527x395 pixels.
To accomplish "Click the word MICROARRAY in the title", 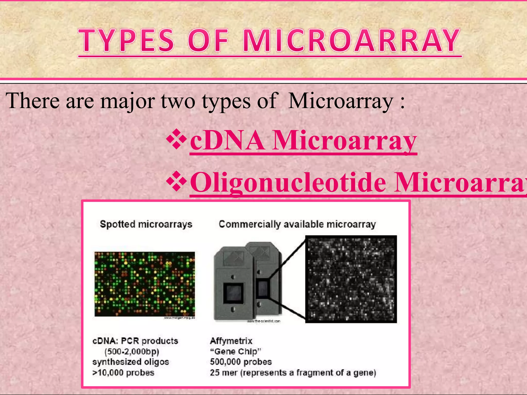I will point(352,41).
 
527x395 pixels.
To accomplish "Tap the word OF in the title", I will point(208,41).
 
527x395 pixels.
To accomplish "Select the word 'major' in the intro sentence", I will point(128,101).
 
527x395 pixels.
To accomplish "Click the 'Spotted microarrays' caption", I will point(146,224).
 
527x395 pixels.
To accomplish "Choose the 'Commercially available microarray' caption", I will point(297,224).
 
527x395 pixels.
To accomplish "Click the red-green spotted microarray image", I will point(145,284).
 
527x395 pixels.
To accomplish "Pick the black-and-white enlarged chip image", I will point(351,279).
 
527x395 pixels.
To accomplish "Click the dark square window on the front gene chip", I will point(233,293).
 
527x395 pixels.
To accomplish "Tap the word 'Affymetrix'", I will point(231,341).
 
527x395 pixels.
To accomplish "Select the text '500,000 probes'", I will point(241,362).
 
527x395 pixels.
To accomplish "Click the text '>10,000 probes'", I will point(123,373).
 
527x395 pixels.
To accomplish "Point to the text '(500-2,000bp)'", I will point(132,351).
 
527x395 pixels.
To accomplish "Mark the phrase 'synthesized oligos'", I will point(131,362).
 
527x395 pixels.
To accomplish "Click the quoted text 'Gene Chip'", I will point(236,351).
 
